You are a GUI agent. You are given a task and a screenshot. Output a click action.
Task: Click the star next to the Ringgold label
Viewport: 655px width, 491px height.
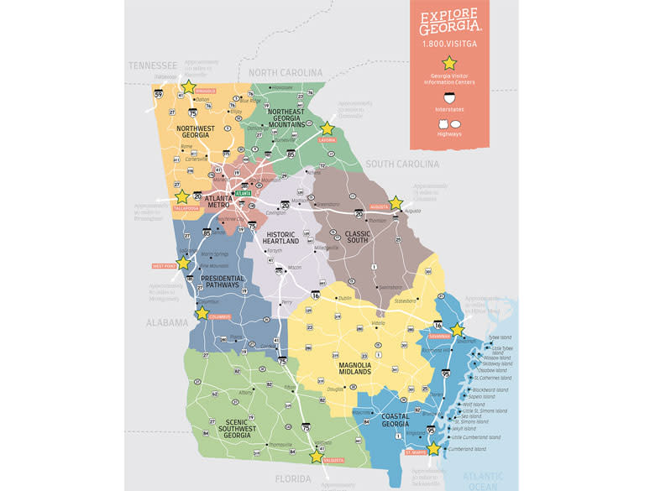188,86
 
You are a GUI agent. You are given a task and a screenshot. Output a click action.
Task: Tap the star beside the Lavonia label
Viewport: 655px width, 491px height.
327,129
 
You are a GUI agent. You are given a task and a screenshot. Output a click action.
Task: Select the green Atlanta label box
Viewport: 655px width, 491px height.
244,192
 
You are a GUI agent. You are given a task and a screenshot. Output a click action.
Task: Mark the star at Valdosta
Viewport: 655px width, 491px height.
316,456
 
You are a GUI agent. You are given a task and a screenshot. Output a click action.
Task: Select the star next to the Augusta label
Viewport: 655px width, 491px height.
396,202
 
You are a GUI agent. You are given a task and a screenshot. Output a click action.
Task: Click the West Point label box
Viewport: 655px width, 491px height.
164,266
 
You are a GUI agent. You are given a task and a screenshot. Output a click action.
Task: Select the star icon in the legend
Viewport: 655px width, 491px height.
450,62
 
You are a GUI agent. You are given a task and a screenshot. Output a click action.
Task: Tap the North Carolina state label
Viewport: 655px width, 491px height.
286,73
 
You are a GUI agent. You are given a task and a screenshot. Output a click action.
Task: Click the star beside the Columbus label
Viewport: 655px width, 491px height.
202,313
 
